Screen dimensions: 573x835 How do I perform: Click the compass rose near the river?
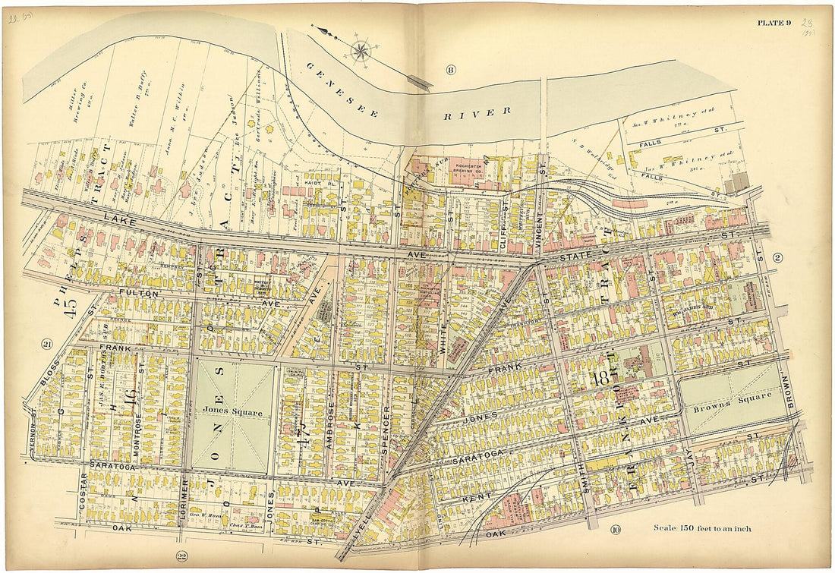pos(361,51)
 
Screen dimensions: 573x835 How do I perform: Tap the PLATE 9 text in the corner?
pos(774,23)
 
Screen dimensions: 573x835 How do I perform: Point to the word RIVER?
pos(478,112)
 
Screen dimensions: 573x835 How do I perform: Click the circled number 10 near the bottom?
pos(614,529)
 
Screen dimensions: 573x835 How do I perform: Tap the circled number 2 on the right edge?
pos(777,257)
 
